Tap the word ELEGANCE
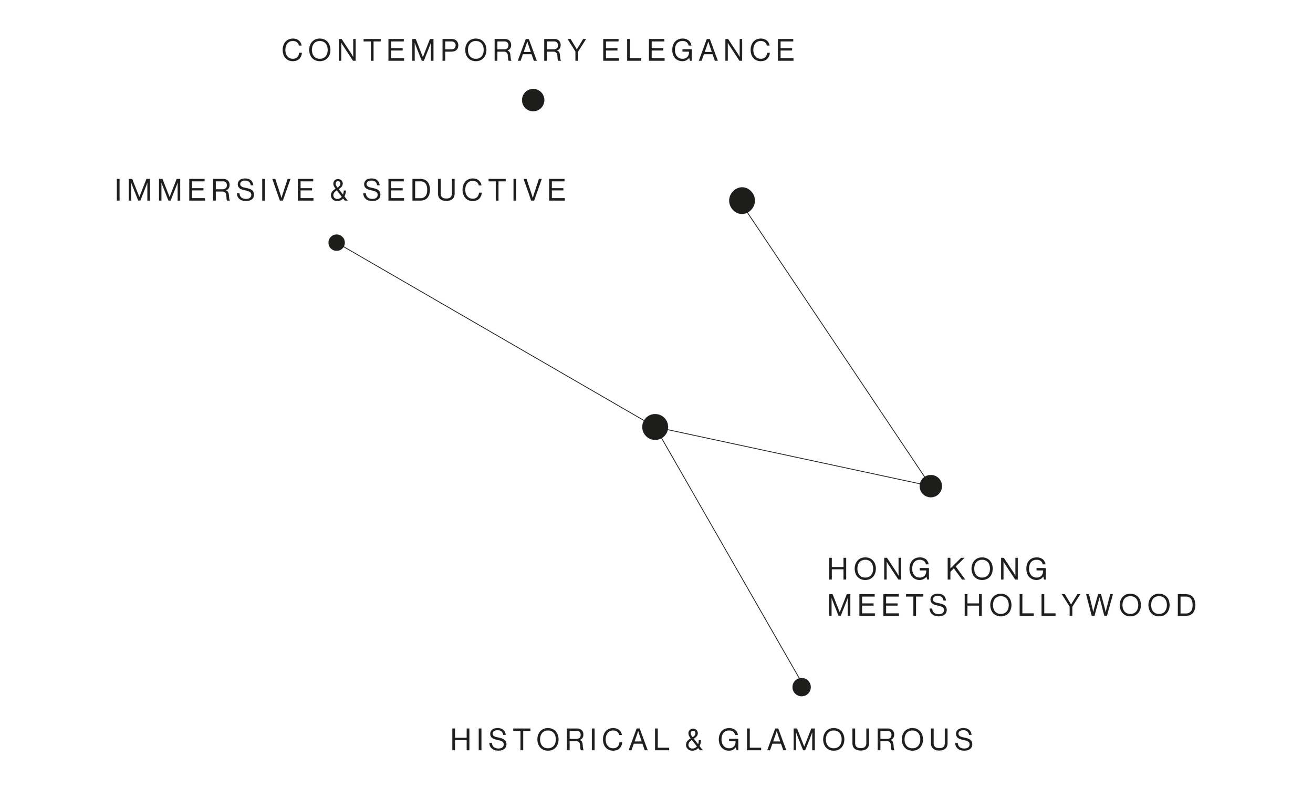699,51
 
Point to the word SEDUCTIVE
464,190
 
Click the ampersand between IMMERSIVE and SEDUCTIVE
339,191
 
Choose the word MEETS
888,605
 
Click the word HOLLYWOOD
1080,605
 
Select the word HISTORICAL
560,740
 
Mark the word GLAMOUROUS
846,740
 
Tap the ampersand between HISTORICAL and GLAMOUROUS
694,741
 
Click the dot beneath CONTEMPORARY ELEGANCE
533,100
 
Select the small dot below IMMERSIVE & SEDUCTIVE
337,243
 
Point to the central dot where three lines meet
655,427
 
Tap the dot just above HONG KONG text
931,486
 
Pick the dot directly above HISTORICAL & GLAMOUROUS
801,687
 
